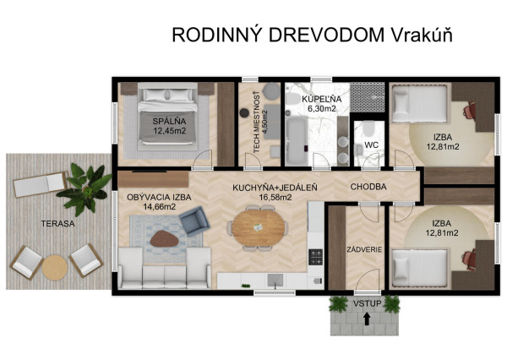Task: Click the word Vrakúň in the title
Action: [x=421, y=35]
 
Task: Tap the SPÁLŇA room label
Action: [x=170, y=121]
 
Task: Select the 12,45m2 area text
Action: [x=170, y=130]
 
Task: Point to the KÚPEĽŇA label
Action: [x=322, y=99]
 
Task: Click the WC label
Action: [x=370, y=145]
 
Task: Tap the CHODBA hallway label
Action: [x=368, y=187]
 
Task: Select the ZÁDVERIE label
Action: [x=362, y=249]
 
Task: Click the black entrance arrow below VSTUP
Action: [x=366, y=319]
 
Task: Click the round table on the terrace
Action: [x=55, y=268]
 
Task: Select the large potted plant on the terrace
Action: [x=87, y=186]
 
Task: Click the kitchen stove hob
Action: [x=315, y=258]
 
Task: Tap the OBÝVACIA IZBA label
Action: [x=159, y=197]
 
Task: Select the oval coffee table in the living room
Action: [x=163, y=238]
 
